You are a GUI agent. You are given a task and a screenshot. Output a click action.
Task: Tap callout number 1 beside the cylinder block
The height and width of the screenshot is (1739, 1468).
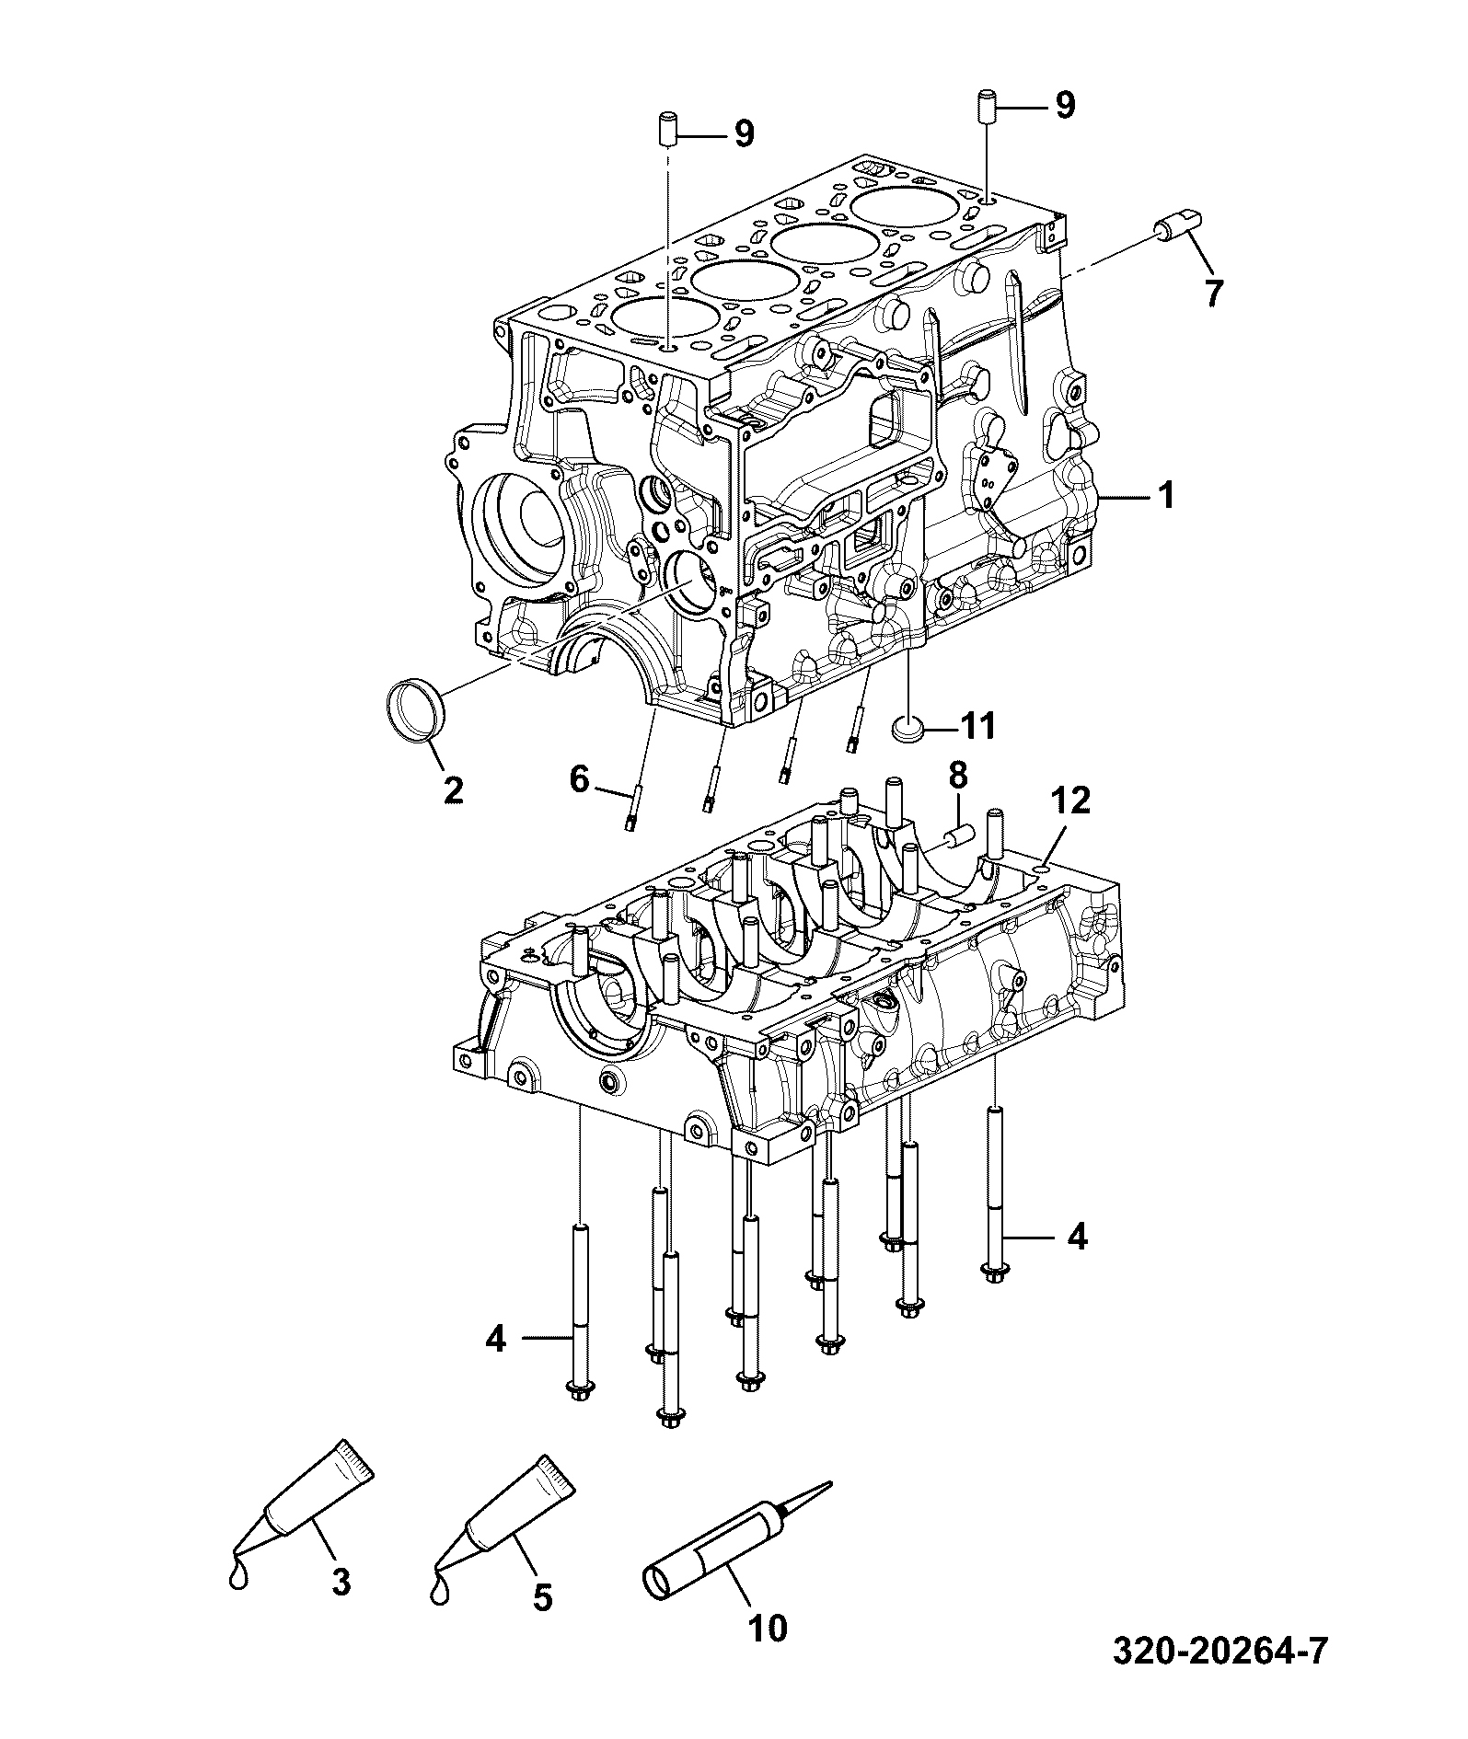pyautogui.click(x=1165, y=497)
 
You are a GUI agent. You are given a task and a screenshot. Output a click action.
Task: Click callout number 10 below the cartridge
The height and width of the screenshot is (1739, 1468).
pyautogui.click(x=768, y=1628)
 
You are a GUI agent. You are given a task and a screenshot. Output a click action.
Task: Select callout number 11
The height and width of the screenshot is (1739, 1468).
pyautogui.click(x=977, y=727)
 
